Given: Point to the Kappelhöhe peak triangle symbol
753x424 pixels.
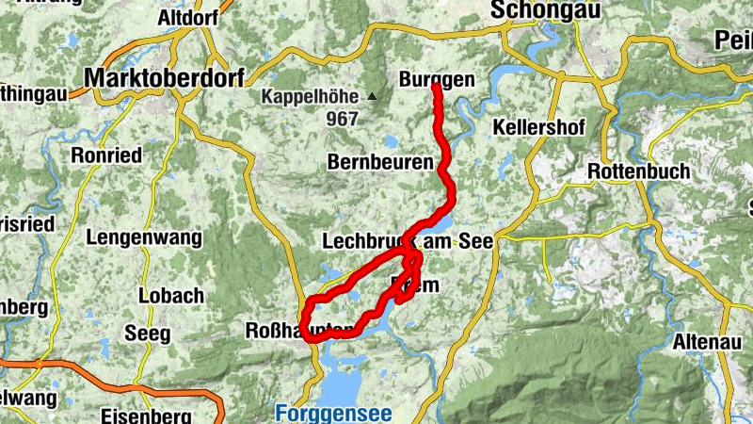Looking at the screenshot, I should click(373, 96).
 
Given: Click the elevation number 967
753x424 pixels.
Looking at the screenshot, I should click(343, 119).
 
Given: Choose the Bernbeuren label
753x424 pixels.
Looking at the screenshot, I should click(380, 162).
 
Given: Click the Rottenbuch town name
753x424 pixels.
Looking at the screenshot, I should click(638, 171).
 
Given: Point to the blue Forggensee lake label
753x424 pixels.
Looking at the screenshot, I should click(334, 413).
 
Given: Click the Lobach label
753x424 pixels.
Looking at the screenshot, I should click(170, 295).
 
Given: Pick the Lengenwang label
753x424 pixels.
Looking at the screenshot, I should click(143, 237).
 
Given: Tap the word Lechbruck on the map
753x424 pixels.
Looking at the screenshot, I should click(367, 241).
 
